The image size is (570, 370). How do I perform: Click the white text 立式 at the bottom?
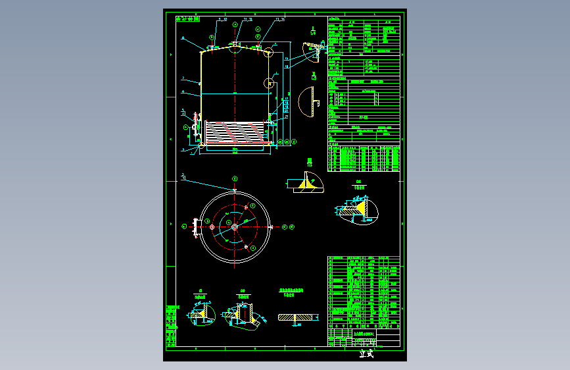coord(366,354)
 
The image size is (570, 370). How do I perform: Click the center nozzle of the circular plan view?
coord(235,226)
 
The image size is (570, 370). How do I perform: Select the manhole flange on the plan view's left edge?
coord(195,226)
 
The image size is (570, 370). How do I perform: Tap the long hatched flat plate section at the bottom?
coord(297,317)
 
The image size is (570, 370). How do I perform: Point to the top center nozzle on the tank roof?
coord(235,44)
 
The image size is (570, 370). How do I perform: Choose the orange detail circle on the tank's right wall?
coord(269,83)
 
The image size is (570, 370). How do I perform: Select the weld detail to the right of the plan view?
coord(358,211)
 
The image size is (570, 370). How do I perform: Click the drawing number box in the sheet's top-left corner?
coord(188,19)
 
